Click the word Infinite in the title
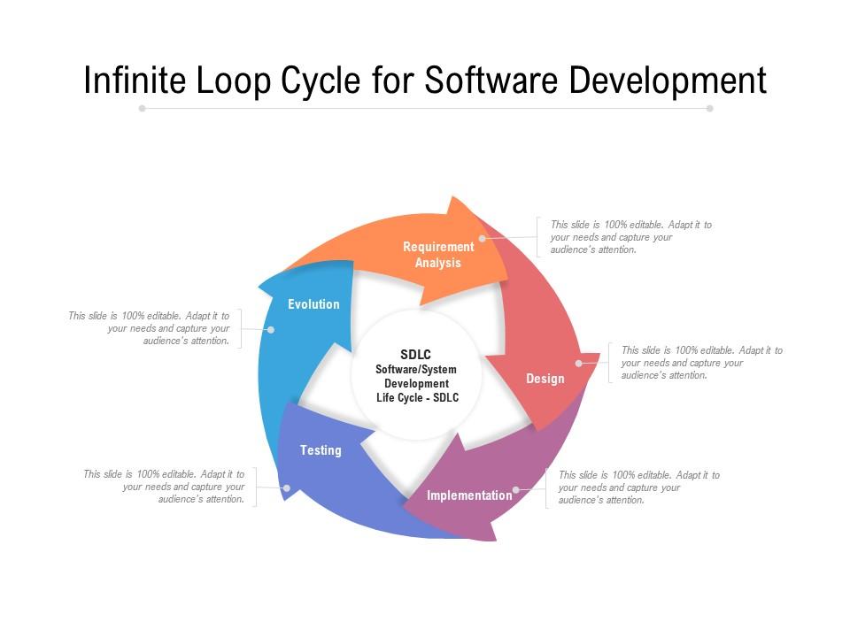click(135, 81)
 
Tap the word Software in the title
click(491, 81)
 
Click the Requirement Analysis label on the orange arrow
click(438, 255)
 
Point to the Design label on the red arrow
click(545, 379)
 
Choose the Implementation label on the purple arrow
click(469, 495)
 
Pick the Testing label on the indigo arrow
click(321, 450)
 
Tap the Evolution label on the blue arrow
click(313, 303)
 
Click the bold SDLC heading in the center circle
click(416, 354)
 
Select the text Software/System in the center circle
click(416, 370)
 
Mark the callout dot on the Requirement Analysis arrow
click(482, 238)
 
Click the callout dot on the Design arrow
click(579, 364)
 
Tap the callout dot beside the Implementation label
click(516, 489)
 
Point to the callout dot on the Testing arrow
click(287, 488)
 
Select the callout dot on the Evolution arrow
click(271, 329)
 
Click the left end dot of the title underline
click(142, 108)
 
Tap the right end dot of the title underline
click(709, 108)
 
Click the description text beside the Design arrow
click(702, 363)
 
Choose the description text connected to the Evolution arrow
click(149, 327)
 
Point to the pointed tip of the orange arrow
click(507, 280)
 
